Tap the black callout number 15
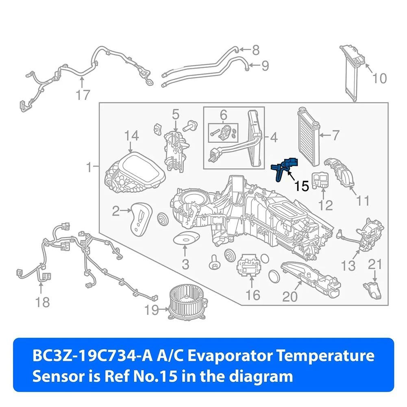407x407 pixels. [x=302, y=187]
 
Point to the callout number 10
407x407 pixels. [x=380, y=78]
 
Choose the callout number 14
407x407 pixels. [x=131, y=136]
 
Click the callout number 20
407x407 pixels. [x=290, y=297]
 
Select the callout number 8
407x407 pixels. [x=255, y=50]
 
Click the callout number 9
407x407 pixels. [x=265, y=65]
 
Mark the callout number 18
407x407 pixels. [x=42, y=302]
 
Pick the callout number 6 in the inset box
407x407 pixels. [x=224, y=115]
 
